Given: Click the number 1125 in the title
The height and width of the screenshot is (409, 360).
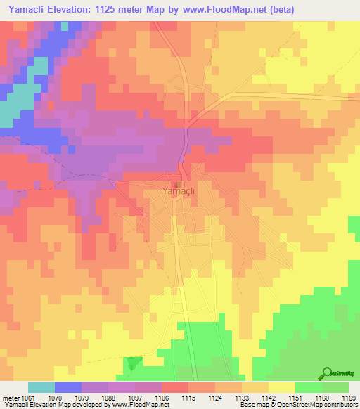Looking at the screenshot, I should point(122,9).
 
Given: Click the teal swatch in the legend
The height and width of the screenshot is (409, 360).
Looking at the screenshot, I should point(41,387).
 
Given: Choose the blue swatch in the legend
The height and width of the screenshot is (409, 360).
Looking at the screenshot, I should point(68,387).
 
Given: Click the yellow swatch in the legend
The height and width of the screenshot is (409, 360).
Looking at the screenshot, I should point(281,387).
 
